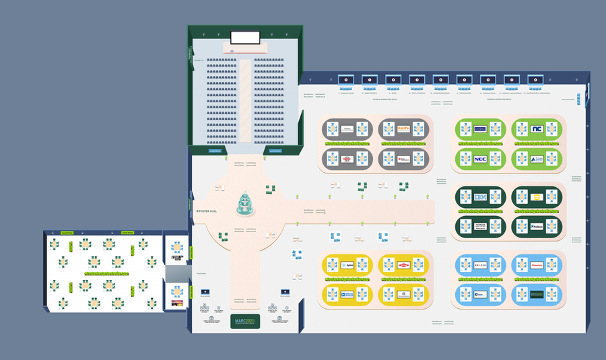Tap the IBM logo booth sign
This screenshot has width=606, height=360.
pos(480,197)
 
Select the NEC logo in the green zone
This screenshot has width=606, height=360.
pos(480,159)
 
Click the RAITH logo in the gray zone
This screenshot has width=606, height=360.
pos(403,128)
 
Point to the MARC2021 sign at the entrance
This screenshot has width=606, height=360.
pos(245,320)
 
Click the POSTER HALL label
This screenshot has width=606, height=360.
pos(207,211)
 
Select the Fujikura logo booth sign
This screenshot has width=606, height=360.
pos(537,227)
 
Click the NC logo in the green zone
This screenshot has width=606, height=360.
pos(537,129)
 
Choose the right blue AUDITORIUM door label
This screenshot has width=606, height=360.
pos(275,151)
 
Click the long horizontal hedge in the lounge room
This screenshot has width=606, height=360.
pos(106,274)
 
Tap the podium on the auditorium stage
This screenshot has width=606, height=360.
pos(244,49)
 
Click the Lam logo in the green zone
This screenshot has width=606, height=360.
pos(537,159)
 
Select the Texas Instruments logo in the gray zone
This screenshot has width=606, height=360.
pos(403,159)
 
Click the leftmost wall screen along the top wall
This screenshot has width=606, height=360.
pos(346,80)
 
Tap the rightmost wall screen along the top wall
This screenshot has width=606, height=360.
pos(535,80)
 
